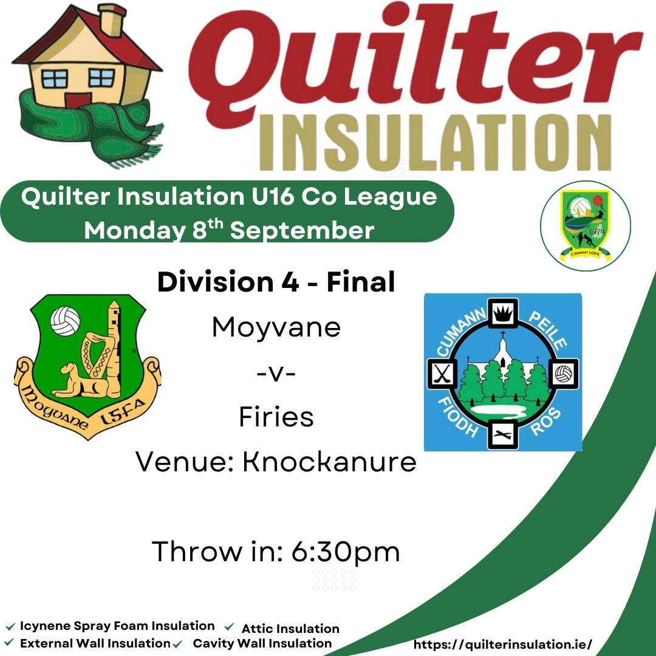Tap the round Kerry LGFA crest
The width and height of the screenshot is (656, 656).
tap(586, 226)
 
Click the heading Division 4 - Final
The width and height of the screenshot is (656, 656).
tap(276, 282)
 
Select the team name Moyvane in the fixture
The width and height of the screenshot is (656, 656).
tap(276, 328)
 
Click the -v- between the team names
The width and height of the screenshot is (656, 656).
tap(276, 372)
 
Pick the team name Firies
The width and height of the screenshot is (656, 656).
tap(276, 417)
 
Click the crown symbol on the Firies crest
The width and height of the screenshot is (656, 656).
tap(503, 314)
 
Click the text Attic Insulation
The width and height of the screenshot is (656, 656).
tap(290, 629)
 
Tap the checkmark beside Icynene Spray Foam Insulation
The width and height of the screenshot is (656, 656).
tap(10, 626)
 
